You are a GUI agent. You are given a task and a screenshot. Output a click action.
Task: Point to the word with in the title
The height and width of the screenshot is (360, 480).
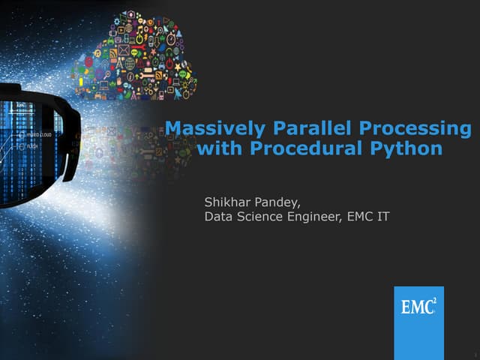[x=219, y=148]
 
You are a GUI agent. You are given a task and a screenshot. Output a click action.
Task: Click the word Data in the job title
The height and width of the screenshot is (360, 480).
[x=219, y=217]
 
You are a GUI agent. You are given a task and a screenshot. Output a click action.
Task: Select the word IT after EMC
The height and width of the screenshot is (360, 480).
[x=382, y=217]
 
